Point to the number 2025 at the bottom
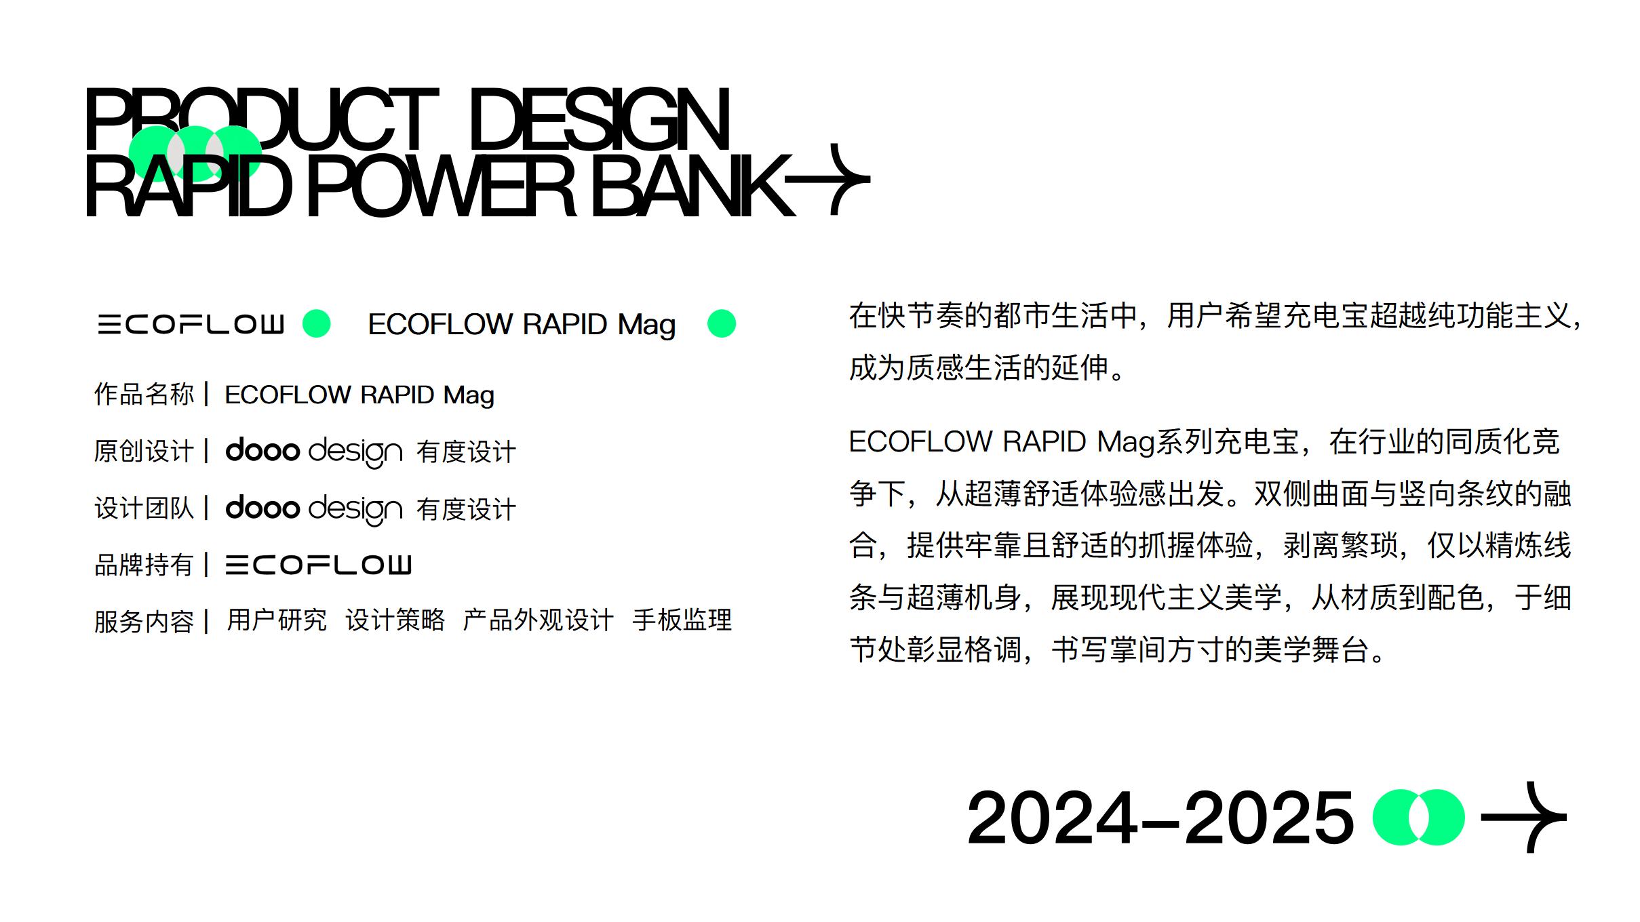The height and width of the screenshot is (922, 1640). click(1268, 818)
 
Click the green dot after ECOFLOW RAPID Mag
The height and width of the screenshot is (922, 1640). click(721, 323)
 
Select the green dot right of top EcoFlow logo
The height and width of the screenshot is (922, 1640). click(316, 323)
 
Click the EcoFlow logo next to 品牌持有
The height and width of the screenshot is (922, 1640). click(318, 565)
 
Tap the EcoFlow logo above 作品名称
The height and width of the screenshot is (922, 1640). click(191, 324)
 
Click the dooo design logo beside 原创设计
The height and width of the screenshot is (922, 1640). click(313, 452)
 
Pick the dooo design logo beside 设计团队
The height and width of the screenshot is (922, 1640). click(313, 509)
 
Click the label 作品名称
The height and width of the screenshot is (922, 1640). click(144, 395)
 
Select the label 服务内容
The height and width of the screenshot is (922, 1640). click(144, 621)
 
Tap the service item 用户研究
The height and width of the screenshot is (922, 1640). click(277, 620)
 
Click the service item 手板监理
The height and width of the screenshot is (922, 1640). click(682, 620)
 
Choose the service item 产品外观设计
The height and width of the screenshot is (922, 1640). click(538, 620)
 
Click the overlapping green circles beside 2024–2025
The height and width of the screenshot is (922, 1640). click(1418, 817)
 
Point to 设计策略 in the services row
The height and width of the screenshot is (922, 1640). click(395, 620)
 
